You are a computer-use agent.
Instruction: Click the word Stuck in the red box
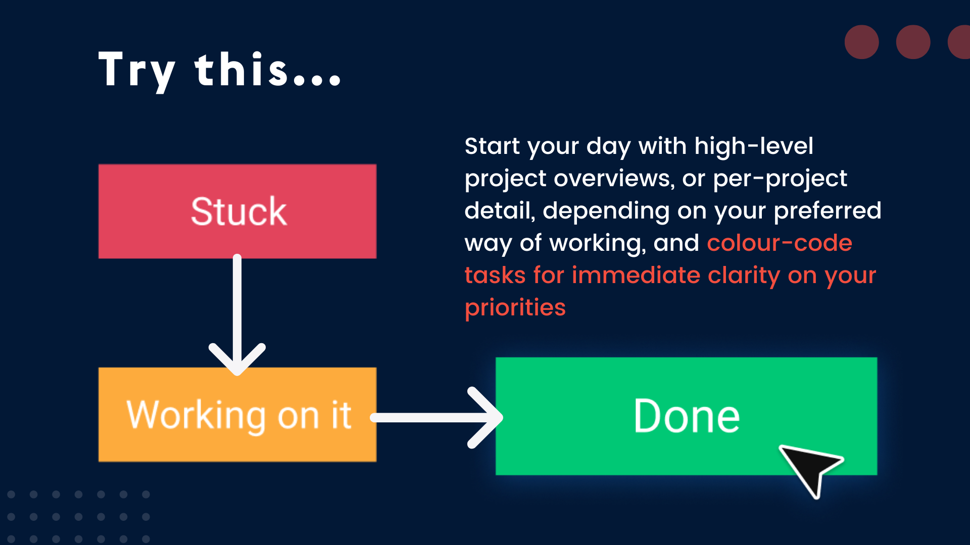[x=238, y=211]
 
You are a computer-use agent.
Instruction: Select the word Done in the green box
[x=687, y=416]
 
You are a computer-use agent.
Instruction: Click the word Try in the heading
[x=137, y=71]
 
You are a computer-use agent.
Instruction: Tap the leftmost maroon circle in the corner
[x=861, y=42]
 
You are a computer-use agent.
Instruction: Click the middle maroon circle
[x=913, y=42]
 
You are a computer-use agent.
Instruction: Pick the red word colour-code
[x=779, y=243]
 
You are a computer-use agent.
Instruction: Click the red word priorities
[x=515, y=308]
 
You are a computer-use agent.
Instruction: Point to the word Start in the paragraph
[x=492, y=146]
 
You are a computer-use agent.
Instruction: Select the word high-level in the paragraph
[x=753, y=146]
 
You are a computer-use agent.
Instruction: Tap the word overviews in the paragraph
[x=614, y=179]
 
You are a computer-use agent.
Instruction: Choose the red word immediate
[x=636, y=276]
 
